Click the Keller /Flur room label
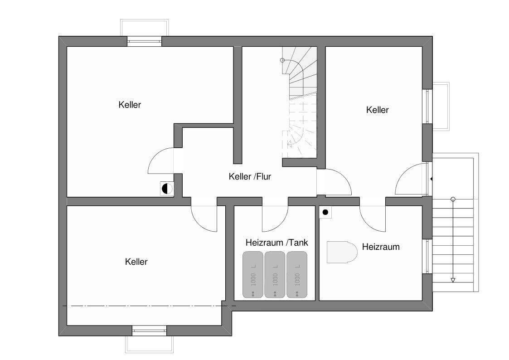pos(250,176)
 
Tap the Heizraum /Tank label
pos(276,243)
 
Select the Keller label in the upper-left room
pos(130,105)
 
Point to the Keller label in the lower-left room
pos(136,262)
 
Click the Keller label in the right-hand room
pos(377,110)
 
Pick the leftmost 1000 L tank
pos(253,274)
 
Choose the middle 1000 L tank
pos(275,274)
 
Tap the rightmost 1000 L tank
pos(296,274)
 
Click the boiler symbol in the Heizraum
pos(342,252)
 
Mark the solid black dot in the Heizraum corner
pos(325,212)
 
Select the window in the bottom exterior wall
pos(149,331)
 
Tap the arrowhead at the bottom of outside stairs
pos(453,280)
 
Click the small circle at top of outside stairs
pos(453,199)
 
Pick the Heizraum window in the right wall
pos(428,256)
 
